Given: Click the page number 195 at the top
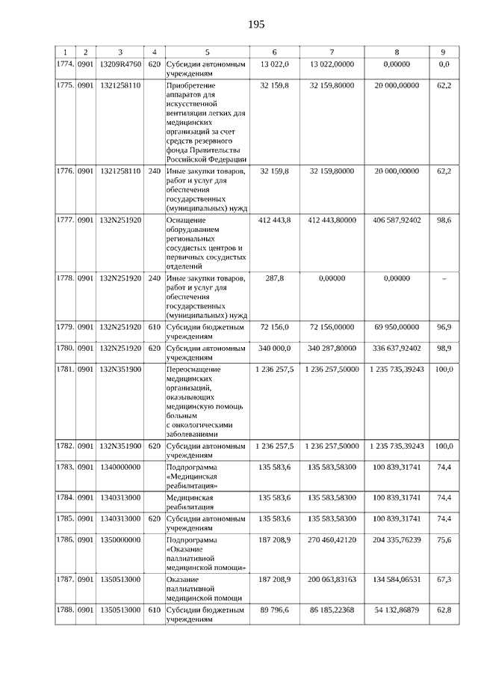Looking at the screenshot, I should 256,25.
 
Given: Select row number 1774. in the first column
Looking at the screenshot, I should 65,65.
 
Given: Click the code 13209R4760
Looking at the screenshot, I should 119,65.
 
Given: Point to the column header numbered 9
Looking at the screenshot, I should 443,52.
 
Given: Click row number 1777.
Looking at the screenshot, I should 65,221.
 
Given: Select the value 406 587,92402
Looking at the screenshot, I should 396,221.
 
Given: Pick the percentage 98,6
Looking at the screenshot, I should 444,221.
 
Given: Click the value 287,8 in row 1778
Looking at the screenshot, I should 275,278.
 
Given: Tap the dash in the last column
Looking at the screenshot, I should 444,278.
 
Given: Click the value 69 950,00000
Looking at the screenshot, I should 396,327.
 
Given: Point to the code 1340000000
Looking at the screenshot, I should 119,467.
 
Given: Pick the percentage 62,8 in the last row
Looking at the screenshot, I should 444,610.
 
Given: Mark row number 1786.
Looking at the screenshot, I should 65,539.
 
